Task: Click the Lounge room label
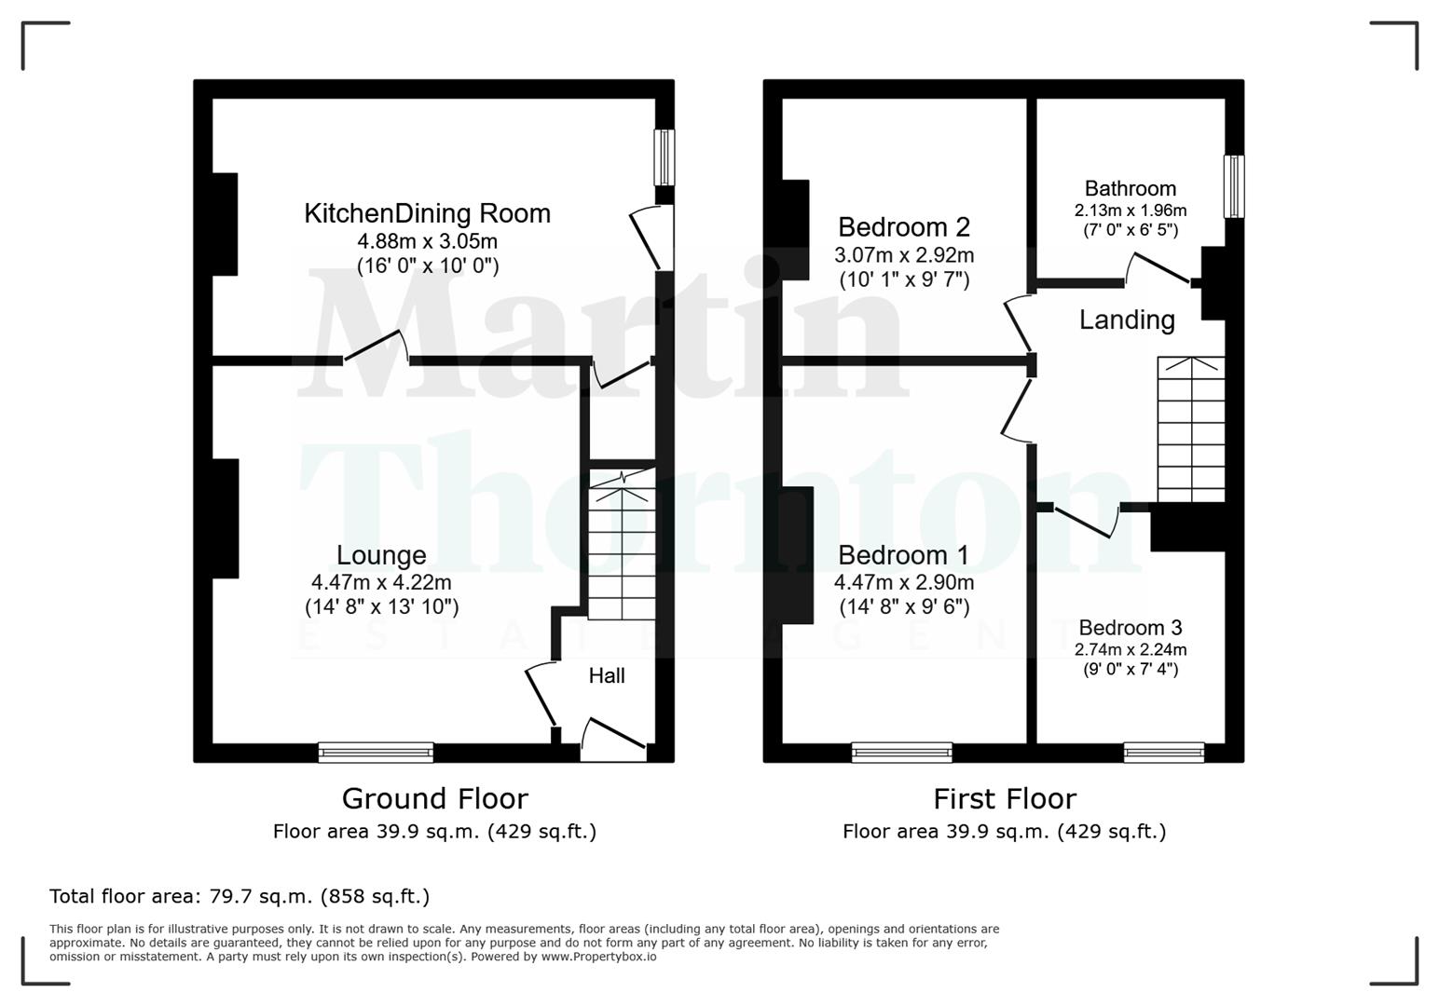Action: point(381,555)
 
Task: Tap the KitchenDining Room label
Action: point(427,213)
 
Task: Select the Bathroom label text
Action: point(1130,189)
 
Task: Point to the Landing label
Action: point(1126,320)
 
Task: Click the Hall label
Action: point(606,676)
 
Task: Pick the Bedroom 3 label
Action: point(1130,628)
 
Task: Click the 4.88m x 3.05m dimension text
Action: point(427,241)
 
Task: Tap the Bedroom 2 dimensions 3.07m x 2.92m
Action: point(903,255)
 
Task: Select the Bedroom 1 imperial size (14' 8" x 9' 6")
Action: point(903,607)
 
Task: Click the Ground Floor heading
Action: point(434,799)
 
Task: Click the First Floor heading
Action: point(1004,799)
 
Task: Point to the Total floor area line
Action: point(240,897)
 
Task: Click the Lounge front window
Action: point(376,752)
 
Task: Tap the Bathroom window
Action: point(1233,186)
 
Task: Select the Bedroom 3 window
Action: point(1163,752)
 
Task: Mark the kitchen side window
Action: point(664,157)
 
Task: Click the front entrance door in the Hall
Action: point(613,736)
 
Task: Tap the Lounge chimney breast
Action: point(226,519)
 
